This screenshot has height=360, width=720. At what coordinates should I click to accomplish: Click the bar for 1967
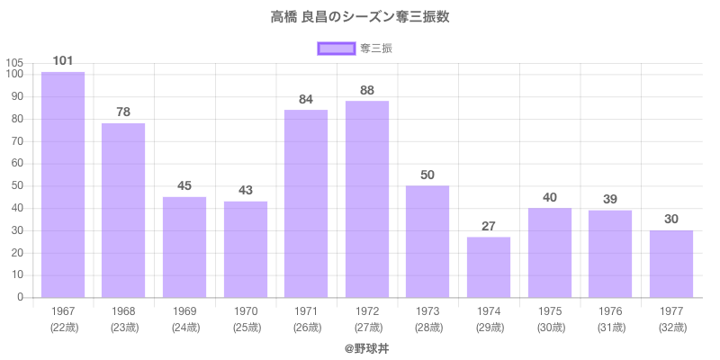click(63, 184)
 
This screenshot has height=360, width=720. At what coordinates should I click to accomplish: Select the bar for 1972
click(367, 199)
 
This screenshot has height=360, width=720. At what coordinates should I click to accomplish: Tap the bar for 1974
click(489, 267)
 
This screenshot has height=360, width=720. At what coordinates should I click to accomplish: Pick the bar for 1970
click(246, 249)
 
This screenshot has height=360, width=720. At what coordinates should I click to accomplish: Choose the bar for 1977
click(671, 264)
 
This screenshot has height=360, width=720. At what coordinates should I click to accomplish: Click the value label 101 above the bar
click(63, 60)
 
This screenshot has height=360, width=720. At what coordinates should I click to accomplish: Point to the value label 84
click(306, 99)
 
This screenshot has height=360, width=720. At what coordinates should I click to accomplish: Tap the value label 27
click(489, 226)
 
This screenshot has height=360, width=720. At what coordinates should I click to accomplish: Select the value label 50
click(427, 175)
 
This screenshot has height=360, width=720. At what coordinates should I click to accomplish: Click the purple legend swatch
click(336, 48)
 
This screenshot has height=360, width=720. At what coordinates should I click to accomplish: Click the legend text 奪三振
click(376, 48)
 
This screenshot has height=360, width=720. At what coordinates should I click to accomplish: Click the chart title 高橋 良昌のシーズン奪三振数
click(360, 17)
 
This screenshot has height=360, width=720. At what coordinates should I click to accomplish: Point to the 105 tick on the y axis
click(14, 63)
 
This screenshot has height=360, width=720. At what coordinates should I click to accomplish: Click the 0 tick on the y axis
click(21, 298)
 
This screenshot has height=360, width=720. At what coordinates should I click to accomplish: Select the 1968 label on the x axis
click(123, 311)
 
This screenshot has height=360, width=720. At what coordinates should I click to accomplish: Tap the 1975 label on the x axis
click(549, 311)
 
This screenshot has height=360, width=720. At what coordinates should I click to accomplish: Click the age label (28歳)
click(427, 327)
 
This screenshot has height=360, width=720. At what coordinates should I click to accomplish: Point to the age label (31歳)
click(610, 327)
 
